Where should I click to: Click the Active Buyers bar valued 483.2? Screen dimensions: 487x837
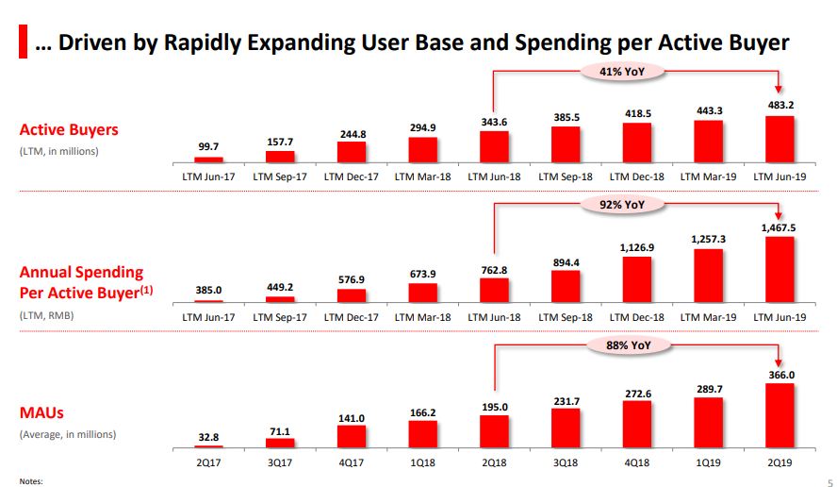tap(780, 139)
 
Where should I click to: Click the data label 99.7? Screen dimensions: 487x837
tap(208, 146)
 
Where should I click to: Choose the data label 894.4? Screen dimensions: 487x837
tap(566, 263)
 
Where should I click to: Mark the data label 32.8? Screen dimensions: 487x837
tap(208, 436)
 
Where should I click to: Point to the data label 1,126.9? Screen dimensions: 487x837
tap(637, 247)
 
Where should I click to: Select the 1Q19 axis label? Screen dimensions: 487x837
tap(708, 463)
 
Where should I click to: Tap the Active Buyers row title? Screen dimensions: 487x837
tap(69, 129)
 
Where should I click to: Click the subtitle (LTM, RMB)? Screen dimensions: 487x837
tap(46, 315)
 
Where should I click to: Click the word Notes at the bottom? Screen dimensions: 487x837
tap(31, 481)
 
